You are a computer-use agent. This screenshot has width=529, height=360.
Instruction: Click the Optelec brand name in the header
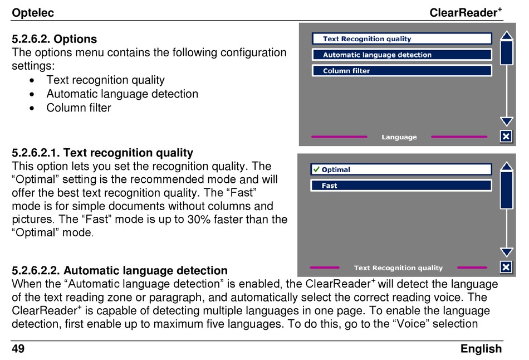(x=33, y=13)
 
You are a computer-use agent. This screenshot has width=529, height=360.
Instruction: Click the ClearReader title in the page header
(x=466, y=12)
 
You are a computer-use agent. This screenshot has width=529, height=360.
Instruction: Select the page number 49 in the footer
(x=18, y=348)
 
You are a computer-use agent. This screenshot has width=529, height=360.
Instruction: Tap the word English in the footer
(x=481, y=349)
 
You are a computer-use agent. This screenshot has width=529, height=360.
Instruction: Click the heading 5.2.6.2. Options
(x=55, y=39)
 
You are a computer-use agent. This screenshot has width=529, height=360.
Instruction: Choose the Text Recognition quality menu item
(x=402, y=39)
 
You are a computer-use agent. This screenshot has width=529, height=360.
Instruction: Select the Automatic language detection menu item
(x=402, y=55)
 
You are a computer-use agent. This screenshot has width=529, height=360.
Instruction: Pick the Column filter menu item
(x=402, y=71)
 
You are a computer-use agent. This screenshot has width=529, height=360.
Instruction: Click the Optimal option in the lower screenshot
(x=401, y=169)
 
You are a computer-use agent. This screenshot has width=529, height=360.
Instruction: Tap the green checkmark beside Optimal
(x=316, y=169)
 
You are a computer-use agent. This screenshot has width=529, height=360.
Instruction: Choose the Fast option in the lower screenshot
(x=401, y=186)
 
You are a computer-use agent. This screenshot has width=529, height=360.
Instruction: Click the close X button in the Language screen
(x=506, y=137)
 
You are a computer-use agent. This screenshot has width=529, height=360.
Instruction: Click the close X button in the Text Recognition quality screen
(x=506, y=267)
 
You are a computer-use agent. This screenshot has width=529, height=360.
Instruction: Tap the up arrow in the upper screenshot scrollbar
(x=507, y=36)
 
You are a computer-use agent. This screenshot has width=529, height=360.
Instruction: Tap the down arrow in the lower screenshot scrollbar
(x=507, y=252)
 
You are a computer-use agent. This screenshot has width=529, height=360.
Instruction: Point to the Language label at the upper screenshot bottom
(x=399, y=137)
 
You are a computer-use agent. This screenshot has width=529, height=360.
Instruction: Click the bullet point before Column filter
(x=32, y=109)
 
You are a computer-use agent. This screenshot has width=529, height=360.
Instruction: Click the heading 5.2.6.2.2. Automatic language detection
(x=120, y=270)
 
